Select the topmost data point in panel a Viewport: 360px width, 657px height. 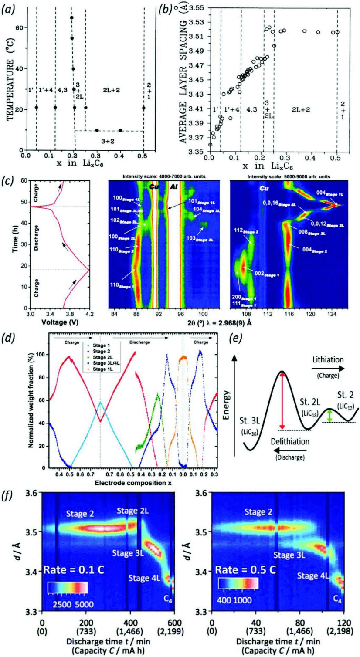(72, 17)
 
